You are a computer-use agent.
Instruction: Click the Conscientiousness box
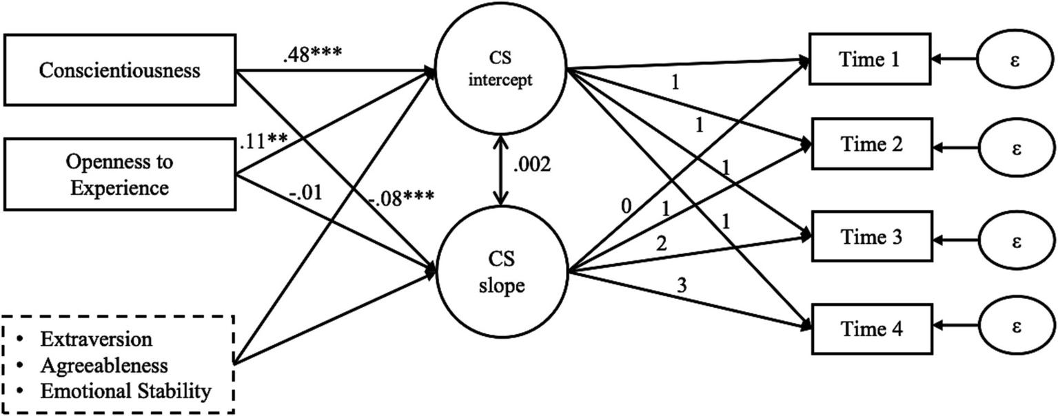(120, 70)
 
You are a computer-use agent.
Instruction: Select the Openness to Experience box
(120, 175)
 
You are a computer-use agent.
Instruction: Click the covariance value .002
(533, 167)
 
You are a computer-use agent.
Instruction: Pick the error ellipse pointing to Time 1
(1015, 61)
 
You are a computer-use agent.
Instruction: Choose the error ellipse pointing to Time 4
(1015, 329)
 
